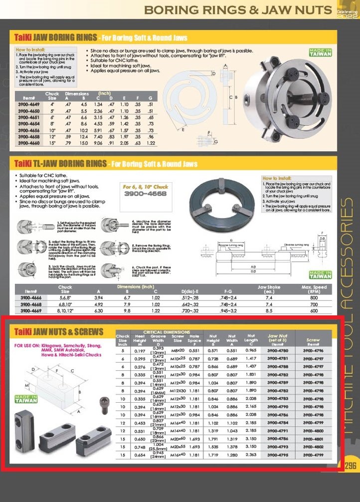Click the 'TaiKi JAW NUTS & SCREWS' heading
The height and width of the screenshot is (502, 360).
coord(59,332)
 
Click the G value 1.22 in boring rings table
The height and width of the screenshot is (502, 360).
coord(150,143)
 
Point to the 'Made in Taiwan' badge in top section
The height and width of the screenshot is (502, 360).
coord(320,53)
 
